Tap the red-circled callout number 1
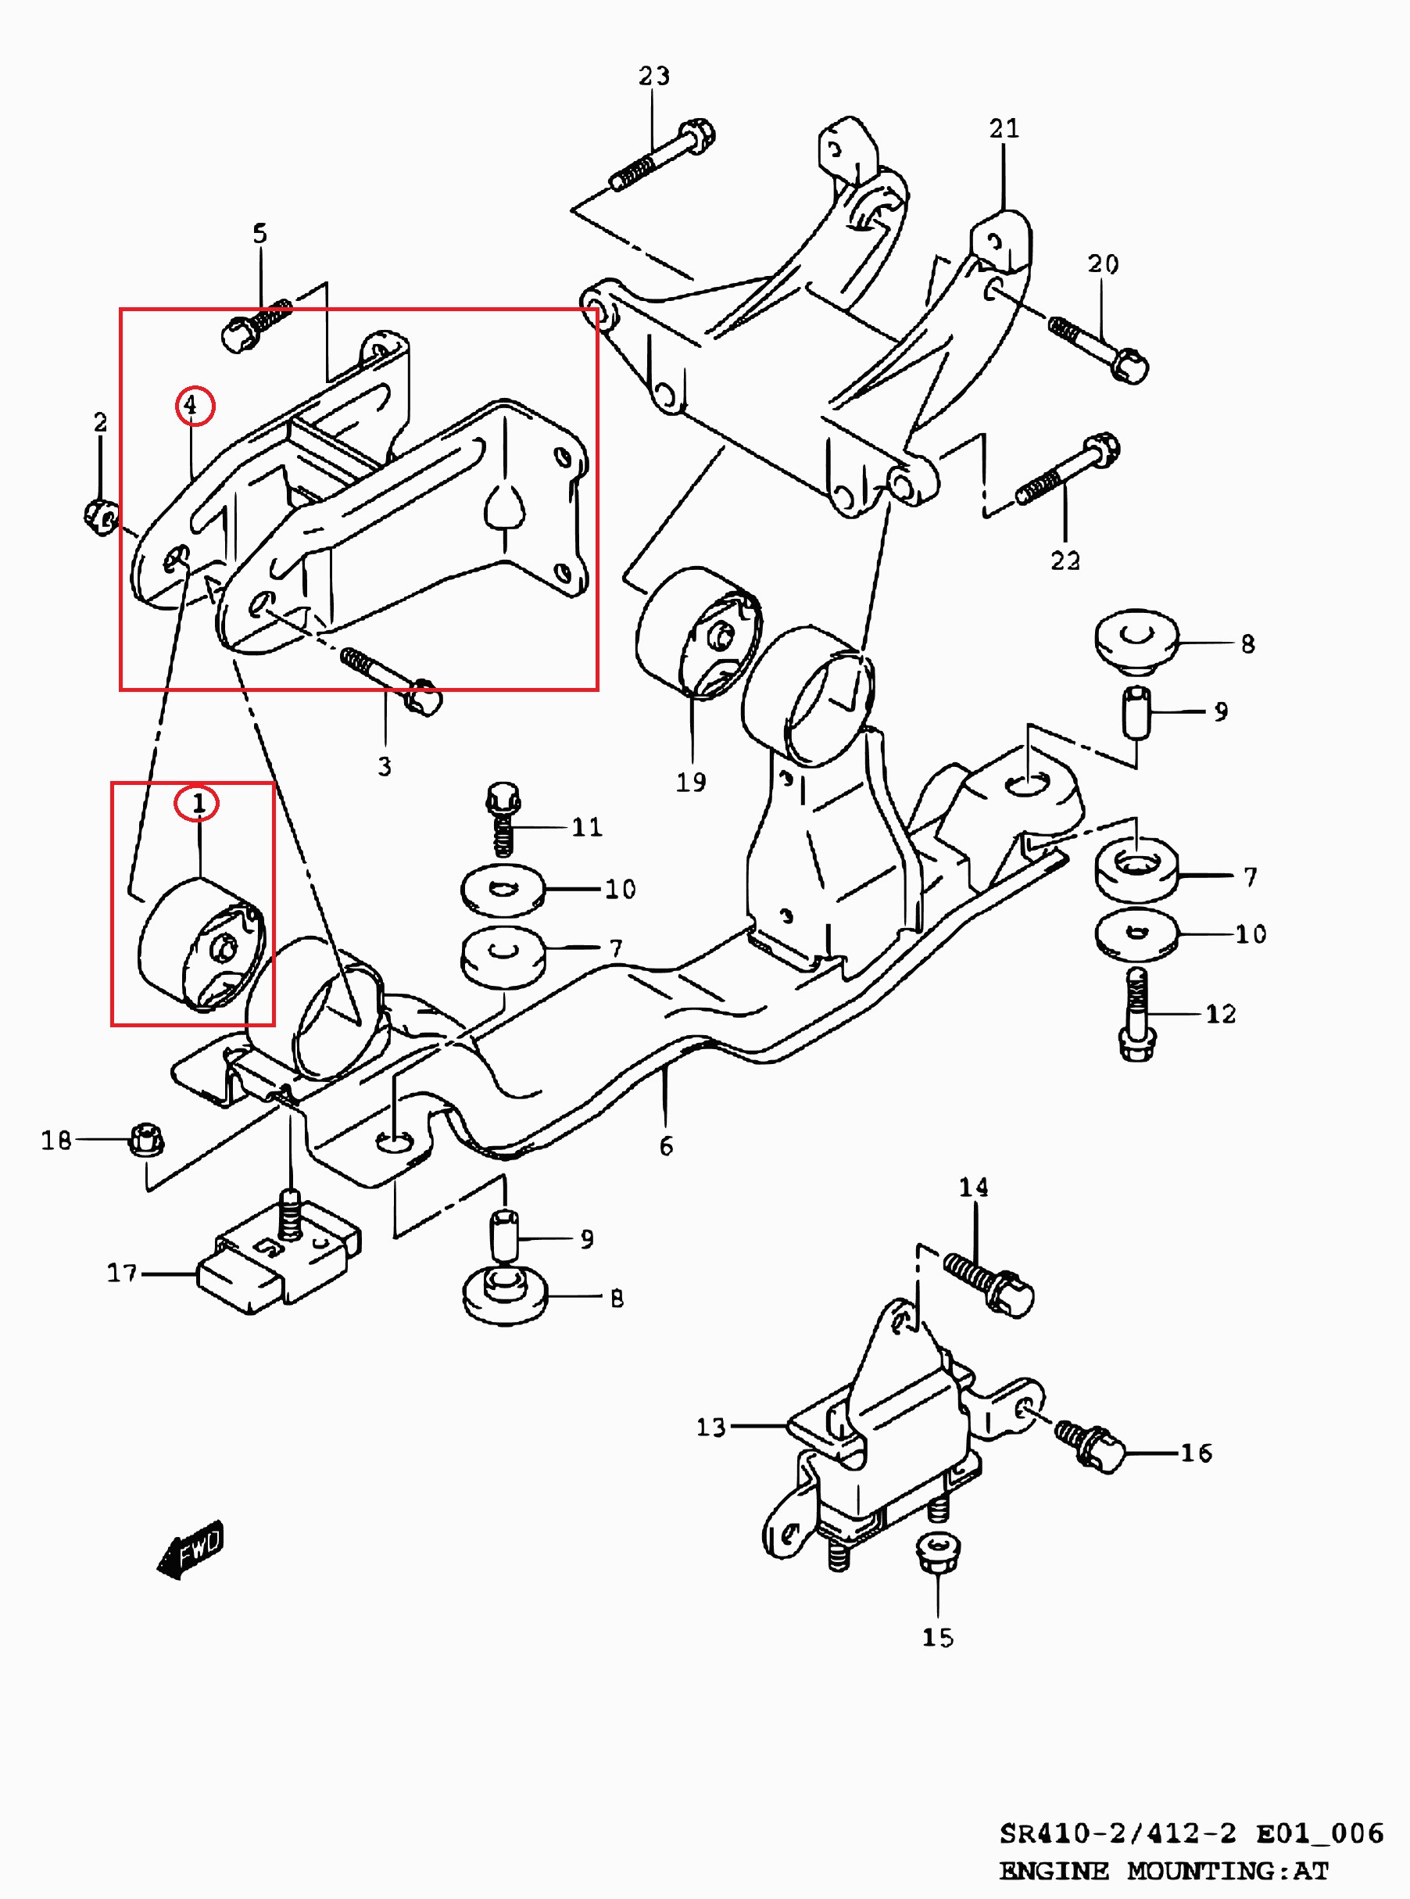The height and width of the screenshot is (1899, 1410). (197, 803)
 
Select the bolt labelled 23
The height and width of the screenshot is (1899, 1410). (661, 157)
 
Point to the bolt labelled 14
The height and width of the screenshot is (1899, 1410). (990, 1281)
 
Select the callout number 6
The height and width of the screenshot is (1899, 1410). (666, 1146)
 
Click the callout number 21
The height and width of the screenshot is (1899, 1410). (1004, 129)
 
